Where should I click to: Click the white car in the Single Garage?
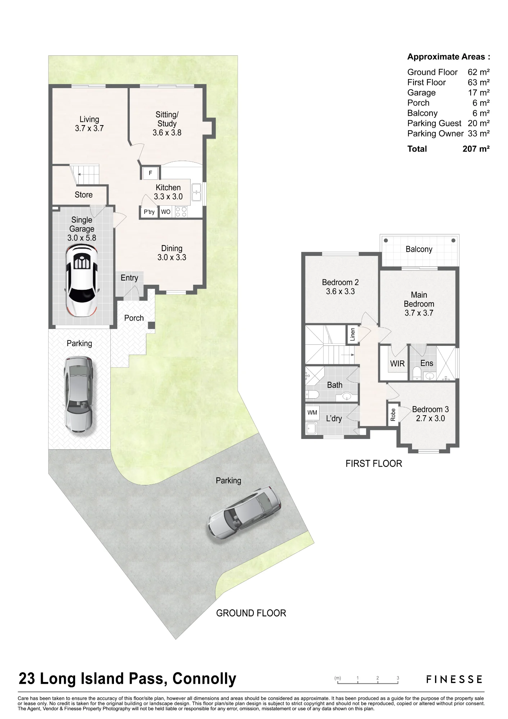pos(82,280)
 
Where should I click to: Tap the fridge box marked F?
pos(151,173)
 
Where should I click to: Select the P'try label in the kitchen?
pos(149,212)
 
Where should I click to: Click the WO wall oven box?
pos(166,212)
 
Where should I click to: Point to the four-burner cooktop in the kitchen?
pos(181,212)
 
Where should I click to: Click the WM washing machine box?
pos(312,412)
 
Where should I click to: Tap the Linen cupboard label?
pos(352,334)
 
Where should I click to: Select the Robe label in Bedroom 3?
pos(393,415)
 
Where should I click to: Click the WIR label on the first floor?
pos(397,363)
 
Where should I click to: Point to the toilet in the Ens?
pos(417,373)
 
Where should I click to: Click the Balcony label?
pos(419,249)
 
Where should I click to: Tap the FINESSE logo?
pos(454,679)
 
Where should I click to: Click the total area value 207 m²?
pos(476,149)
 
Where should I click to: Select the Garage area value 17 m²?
pos(479,92)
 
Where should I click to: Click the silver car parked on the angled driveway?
pos(244,512)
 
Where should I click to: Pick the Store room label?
pos(83,195)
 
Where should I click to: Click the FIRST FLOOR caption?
pos(374,464)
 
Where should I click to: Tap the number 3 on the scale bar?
pos(398,678)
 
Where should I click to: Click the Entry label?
pos(129,278)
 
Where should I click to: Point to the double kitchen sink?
pos(196,192)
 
